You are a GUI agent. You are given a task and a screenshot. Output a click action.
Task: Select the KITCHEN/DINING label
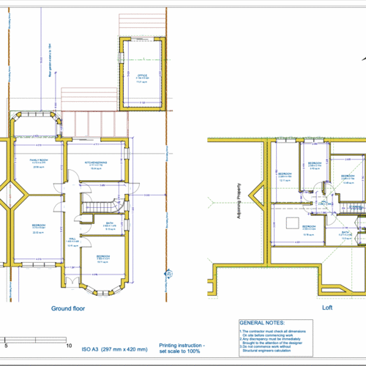click(96, 162)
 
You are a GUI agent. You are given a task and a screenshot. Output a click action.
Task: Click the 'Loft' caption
click(327, 308)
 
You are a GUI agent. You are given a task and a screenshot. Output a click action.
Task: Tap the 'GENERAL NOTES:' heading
click(262, 322)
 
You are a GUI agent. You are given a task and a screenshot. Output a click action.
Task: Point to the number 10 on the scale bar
click(68, 344)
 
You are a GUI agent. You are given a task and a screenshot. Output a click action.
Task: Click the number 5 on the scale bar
click(6, 344)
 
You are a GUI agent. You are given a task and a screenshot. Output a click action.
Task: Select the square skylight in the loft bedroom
click(291, 222)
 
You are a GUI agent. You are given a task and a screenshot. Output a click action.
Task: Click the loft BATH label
click(345, 235)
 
